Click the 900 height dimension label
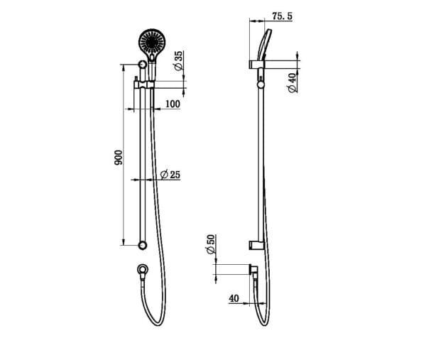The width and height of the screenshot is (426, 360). [x=119, y=158]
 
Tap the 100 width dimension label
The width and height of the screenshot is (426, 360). [x=172, y=104]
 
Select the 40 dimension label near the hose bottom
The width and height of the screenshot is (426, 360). [x=234, y=298]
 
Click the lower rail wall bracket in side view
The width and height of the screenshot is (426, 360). [x=255, y=245]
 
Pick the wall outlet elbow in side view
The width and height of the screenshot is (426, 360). [x=253, y=269]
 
